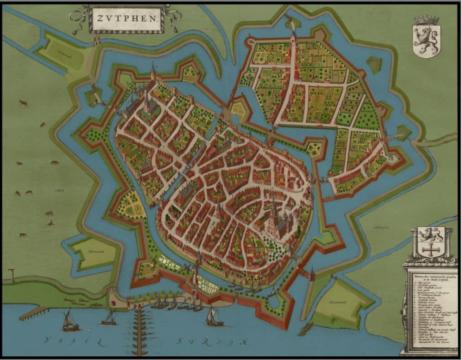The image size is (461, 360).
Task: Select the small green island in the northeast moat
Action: pyautogui.click(x=374, y=64)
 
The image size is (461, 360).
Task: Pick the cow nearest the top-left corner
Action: pyautogui.click(x=23, y=103)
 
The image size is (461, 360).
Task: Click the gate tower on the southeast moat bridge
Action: pyautogui.click(x=312, y=274)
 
